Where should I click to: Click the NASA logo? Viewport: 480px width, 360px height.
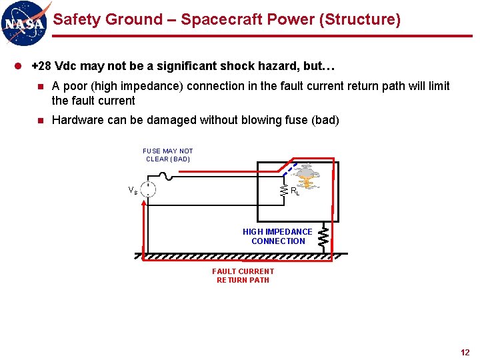pyautogui.click(x=25, y=23)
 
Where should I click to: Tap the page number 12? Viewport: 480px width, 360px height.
pyautogui.click(x=465, y=352)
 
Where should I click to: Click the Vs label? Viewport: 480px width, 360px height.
pyautogui.click(x=133, y=190)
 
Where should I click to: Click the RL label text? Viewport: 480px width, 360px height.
pyautogui.click(x=295, y=191)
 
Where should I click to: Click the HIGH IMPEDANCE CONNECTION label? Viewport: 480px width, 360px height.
pyautogui.click(x=277, y=237)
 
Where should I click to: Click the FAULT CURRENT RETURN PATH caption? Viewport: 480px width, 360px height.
pyautogui.click(x=243, y=275)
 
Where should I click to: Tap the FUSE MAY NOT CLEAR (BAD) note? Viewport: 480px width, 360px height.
pyautogui.click(x=168, y=155)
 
